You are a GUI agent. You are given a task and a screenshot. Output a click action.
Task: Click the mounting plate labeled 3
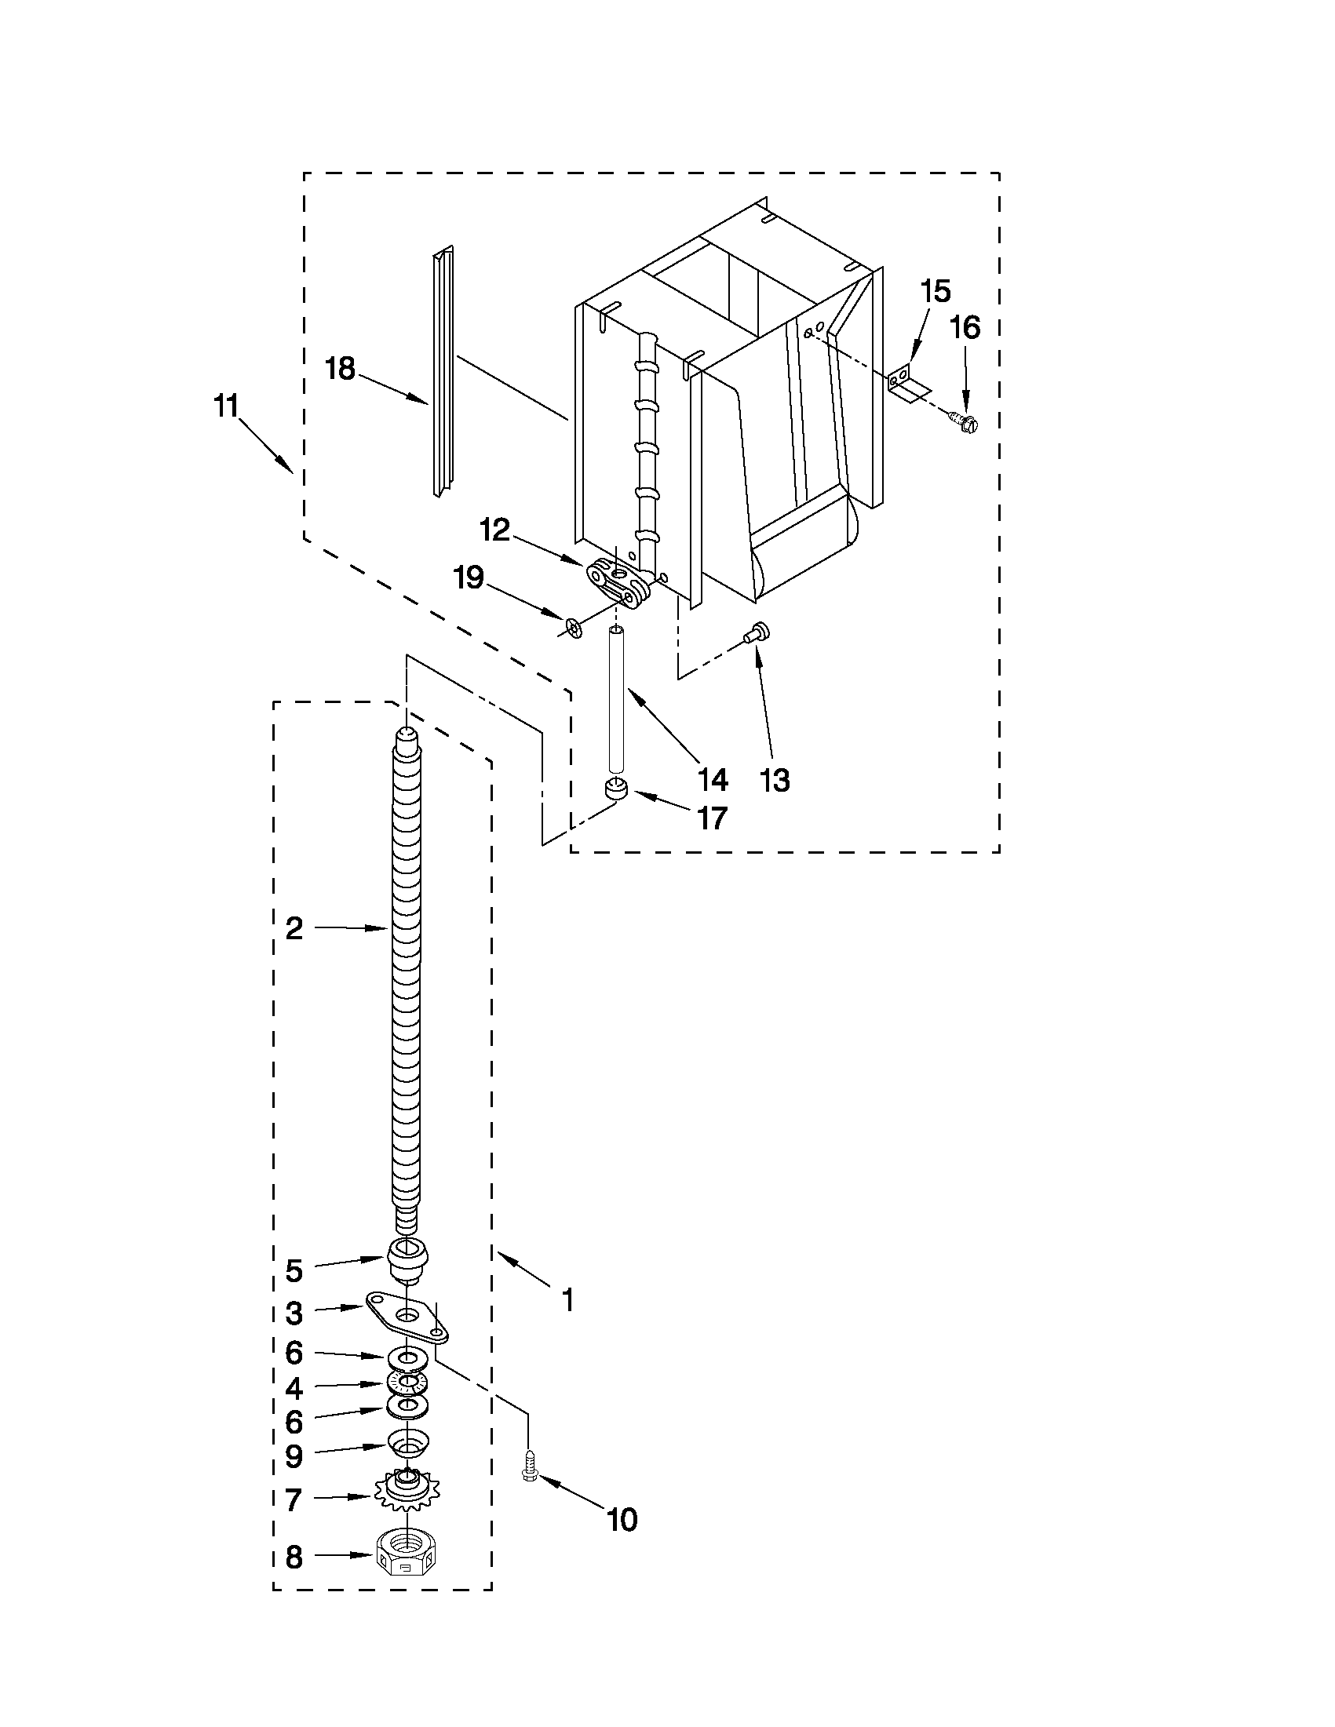(x=408, y=1317)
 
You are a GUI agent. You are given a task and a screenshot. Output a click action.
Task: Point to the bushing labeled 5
(x=408, y=1257)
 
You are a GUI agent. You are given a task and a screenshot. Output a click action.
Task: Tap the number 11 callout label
(x=225, y=406)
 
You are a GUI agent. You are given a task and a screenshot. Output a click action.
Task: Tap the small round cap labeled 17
(x=615, y=789)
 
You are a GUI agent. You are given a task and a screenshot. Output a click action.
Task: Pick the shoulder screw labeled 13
(x=757, y=630)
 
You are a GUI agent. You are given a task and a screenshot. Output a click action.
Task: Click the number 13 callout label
(x=775, y=781)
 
